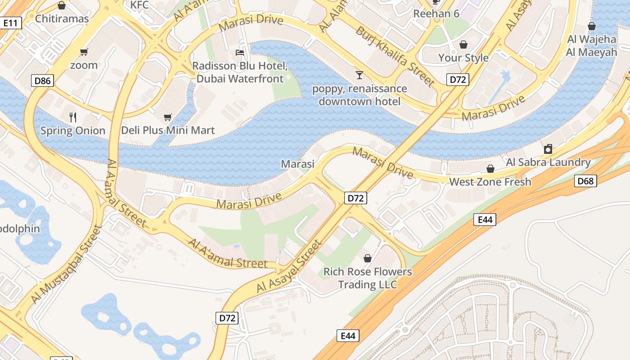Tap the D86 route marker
click(x=43, y=81)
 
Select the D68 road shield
click(x=585, y=181)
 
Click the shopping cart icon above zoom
click(x=84, y=52)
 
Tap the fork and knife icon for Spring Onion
click(x=73, y=117)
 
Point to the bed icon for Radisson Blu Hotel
click(x=240, y=53)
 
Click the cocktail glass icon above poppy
click(x=359, y=75)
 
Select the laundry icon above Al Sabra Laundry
click(x=548, y=149)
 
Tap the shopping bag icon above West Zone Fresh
click(x=490, y=169)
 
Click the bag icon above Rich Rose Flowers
click(x=368, y=258)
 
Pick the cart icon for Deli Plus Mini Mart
click(x=168, y=117)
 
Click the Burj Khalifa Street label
click(x=395, y=56)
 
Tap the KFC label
click(x=139, y=5)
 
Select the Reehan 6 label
click(x=436, y=13)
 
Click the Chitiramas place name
click(x=62, y=19)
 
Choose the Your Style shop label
click(x=463, y=58)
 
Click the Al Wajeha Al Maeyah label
click(x=591, y=45)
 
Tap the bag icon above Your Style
click(x=463, y=45)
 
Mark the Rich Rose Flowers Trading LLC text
click(x=368, y=278)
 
